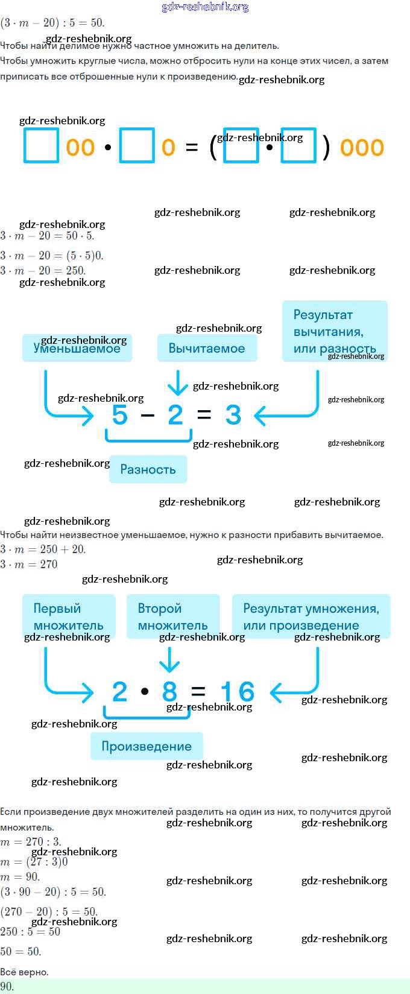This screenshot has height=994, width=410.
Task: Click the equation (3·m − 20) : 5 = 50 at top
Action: [x=52, y=23]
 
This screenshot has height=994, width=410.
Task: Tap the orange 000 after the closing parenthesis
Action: [x=362, y=147]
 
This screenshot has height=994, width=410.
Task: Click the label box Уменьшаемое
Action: [x=77, y=348]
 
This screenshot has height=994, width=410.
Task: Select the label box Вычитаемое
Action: [x=207, y=348]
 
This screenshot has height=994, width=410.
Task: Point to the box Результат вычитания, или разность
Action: [x=335, y=331]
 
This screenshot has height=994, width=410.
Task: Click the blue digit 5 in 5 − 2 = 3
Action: [x=120, y=415]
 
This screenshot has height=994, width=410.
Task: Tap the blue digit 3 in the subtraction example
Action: [x=233, y=415]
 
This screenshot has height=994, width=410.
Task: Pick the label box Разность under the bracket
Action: [x=148, y=469]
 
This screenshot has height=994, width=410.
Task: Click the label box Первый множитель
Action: [x=69, y=616]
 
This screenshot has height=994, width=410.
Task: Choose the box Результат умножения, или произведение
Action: [x=311, y=616]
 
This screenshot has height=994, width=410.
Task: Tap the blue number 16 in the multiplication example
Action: [x=237, y=692]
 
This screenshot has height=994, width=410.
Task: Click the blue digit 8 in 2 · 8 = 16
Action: [x=170, y=692]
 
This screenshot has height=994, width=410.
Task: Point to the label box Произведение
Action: [x=147, y=746]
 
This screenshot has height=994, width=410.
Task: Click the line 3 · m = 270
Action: [x=29, y=565]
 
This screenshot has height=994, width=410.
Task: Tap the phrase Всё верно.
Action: [x=24, y=972]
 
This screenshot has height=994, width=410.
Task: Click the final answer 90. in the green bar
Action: [x=7, y=987]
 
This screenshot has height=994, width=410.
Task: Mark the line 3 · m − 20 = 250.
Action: [x=43, y=270]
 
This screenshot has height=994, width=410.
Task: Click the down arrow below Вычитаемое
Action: [x=177, y=382]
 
